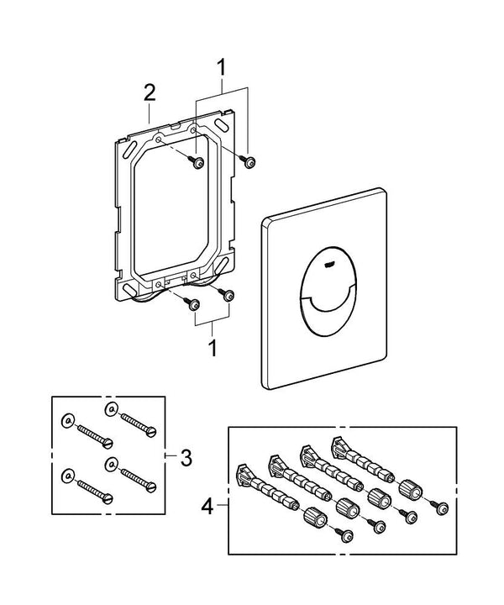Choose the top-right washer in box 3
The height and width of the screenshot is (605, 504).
109,409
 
